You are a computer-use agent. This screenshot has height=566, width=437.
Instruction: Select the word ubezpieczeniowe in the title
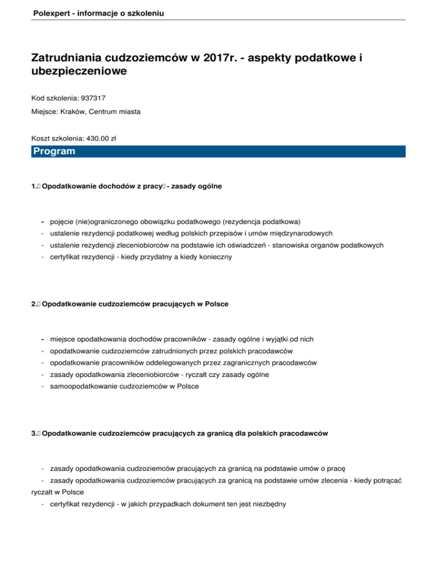coord(79,72)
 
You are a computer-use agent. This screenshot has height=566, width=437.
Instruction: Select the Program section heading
coord(54,151)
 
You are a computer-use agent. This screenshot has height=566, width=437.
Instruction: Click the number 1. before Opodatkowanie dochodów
coord(35,186)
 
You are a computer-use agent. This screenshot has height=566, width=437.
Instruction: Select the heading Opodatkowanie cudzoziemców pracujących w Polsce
coord(135,304)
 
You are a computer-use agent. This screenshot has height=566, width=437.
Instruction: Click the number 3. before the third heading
coord(35,434)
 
